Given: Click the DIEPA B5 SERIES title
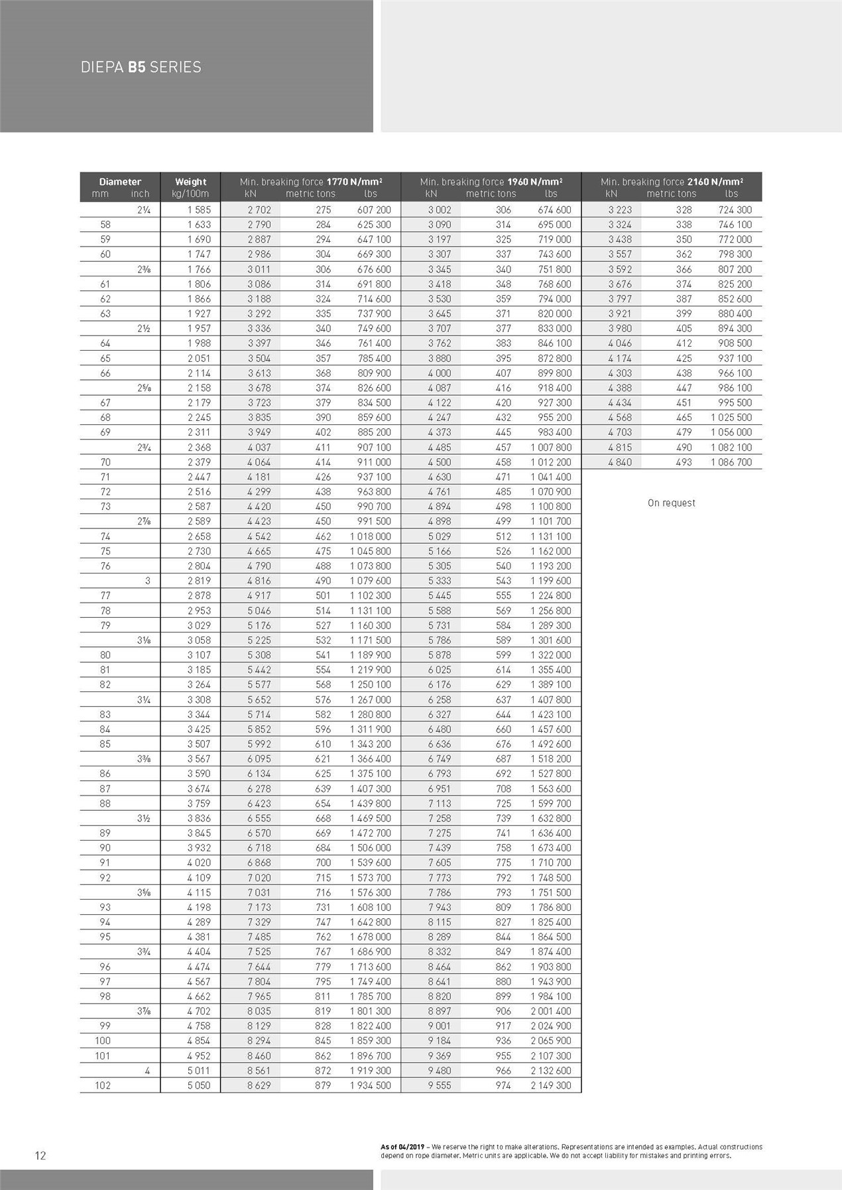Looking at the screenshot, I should click(141, 67).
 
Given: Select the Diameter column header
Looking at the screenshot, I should click(120, 182).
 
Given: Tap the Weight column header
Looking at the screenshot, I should click(190, 182).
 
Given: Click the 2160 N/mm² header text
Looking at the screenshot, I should click(715, 182).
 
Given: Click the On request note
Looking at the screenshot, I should click(671, 503).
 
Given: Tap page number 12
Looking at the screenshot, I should click(40, 1156).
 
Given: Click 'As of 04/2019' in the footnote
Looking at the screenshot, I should click(402, 1147).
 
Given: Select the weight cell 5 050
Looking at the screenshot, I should click(198, 1085).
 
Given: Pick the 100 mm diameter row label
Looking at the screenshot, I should click(103, 1041).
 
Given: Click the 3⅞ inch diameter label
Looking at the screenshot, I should click(144, 1011).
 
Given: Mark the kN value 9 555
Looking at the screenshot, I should click(439, 1085).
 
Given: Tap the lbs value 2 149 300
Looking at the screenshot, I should click(550, 1085).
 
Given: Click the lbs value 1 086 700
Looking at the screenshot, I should click(731, 462).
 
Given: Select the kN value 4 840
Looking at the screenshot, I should click(620, 462).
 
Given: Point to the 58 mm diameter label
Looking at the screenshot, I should click(105, 225).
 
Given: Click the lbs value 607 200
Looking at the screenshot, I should click(374, 209).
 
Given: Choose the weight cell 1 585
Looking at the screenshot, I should click(198, 209).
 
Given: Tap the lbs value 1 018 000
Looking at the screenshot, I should click(371, 536).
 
